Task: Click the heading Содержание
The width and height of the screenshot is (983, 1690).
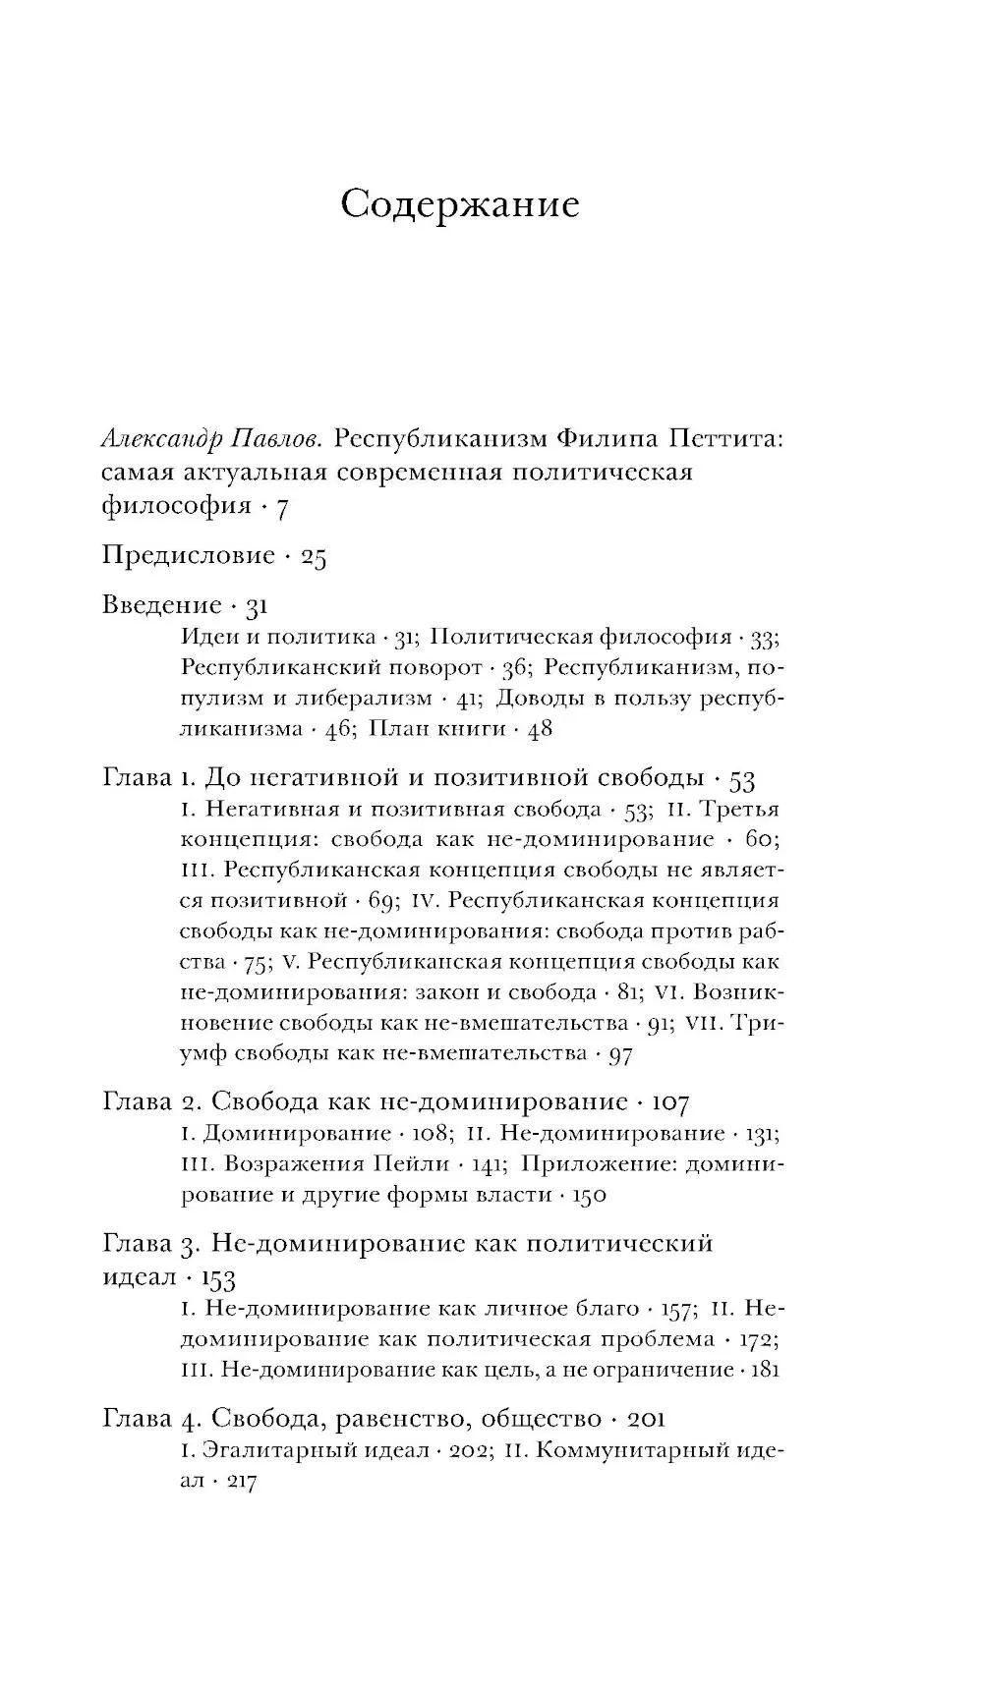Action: pyautogui.click(x=460, y=204)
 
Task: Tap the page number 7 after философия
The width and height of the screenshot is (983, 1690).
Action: pyautogui.click(x=281, y=508)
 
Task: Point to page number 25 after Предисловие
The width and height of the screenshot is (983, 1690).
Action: pyautogui.click(x=314, y=557)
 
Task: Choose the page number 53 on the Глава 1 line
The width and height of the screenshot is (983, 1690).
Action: pyautogui.click(x=742, y=780)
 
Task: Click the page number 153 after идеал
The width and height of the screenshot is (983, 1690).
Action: pyautogui.click(x=218, y=1277)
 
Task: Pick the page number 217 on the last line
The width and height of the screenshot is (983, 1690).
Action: pyautogui.click(x=241, y=1483)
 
